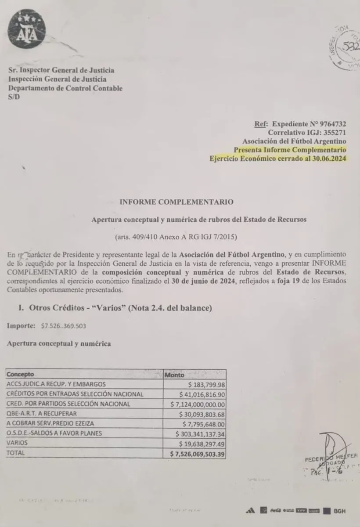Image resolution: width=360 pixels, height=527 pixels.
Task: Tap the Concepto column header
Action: tap(20, 375)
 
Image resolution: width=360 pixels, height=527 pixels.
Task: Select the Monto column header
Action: tap(174, 375)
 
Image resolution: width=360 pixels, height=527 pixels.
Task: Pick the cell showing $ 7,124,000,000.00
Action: tap(198, 404)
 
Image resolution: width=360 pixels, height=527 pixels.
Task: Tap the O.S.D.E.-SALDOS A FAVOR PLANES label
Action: tap(54, 433)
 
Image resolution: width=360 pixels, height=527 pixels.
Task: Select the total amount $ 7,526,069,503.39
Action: tap(198, 453)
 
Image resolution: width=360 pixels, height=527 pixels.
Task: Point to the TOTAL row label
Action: tap(17, 452)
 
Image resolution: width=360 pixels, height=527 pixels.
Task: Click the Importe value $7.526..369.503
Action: tap(58, 326)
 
